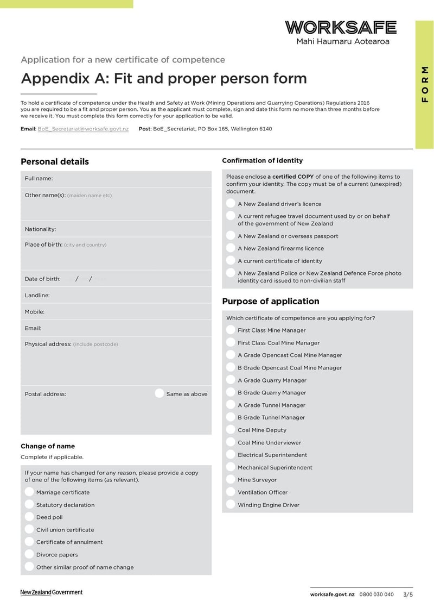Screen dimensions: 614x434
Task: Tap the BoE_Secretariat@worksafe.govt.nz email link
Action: pos(83,129)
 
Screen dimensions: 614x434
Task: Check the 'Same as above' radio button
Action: pos(159,393)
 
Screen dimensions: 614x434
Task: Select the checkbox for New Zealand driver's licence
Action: pos(231,204)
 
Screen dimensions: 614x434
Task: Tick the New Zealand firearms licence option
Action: pos(231,248)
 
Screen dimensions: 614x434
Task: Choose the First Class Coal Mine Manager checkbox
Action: pos(231,343)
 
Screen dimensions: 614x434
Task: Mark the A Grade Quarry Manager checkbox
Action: pos(231,380)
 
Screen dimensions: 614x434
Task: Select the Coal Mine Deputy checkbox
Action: pos(231,430)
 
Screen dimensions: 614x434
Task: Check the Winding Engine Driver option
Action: pos(231,505)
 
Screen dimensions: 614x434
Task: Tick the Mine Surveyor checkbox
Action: pos(231,480)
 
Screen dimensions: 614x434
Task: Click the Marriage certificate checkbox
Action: pos(29,492)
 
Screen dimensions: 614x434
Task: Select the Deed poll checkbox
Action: pos(29,517)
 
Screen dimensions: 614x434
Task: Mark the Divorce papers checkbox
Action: pos(29,555)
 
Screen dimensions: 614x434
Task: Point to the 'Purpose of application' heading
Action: pos(271,302)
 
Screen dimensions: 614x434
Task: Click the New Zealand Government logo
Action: pos(52,592)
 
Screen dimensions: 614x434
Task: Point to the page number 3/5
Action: pos(407,594)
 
